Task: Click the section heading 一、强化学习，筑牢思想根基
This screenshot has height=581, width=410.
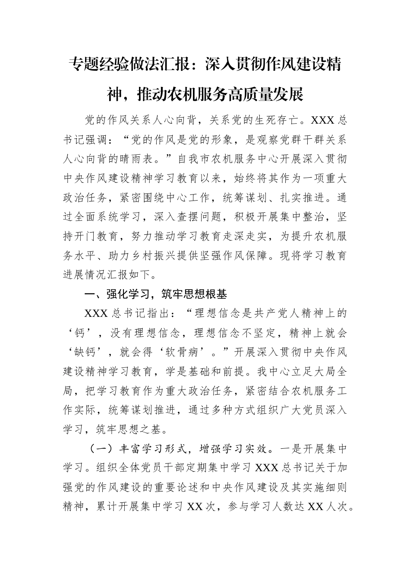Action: click(155, 295)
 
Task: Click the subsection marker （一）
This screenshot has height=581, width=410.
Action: click(101, 449)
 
